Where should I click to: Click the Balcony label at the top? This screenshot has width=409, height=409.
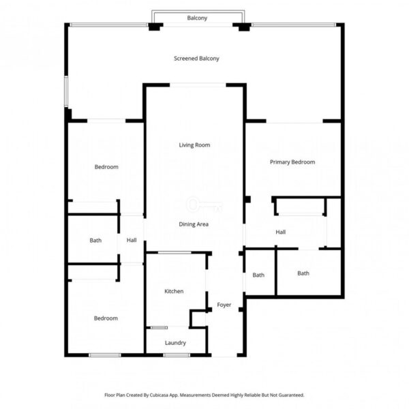(197, 18)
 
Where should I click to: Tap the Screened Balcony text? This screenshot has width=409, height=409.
(196, 59)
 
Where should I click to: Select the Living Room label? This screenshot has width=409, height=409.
(194, 145)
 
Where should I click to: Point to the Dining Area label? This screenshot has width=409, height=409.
(194, 224)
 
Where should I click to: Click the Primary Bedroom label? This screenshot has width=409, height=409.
(292, 162)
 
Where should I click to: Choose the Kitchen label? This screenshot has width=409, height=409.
(174, 291)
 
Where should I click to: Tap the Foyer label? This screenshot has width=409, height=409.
(224, 305)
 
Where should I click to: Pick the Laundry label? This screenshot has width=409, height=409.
(175, 343)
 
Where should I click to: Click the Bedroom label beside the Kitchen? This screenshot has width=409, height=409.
(106, 318)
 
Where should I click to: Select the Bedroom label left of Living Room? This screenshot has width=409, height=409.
(106, 167)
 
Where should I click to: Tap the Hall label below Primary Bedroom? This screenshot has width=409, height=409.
(280, 232)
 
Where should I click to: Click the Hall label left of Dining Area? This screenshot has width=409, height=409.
(132, 240)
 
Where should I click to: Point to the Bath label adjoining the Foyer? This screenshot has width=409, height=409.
(258, 275)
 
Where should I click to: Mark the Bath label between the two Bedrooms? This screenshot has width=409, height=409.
(95, 240)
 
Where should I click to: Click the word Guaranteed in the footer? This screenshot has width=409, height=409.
(291, 395)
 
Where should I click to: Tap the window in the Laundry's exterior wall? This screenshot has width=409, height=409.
(177, 355)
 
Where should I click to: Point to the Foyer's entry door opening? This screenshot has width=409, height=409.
(224, 355)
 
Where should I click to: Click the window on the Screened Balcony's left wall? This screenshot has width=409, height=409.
(66, 91)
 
